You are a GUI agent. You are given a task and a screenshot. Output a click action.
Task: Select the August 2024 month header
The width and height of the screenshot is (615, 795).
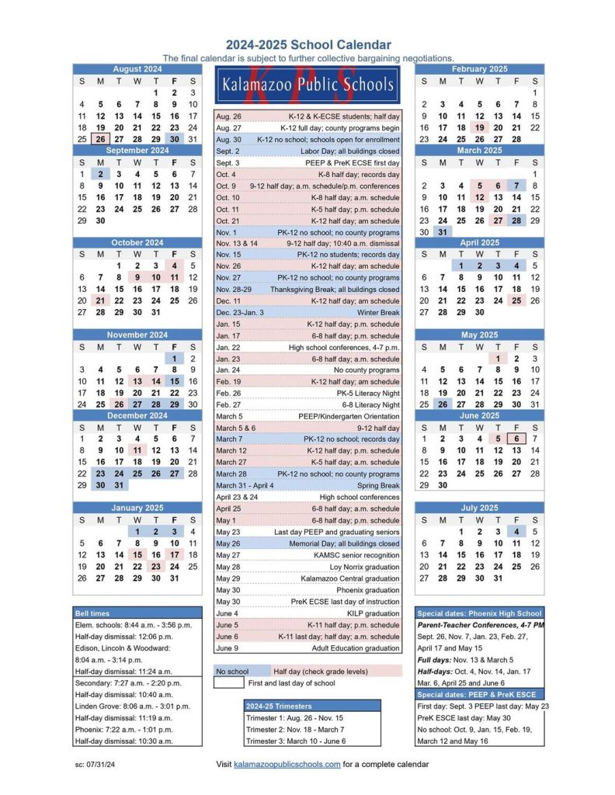coord(137,69)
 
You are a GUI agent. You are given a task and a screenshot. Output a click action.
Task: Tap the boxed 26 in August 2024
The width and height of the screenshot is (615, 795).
coord(100,139)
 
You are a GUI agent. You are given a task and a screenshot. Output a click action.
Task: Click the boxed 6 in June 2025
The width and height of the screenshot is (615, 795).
coord(516,439)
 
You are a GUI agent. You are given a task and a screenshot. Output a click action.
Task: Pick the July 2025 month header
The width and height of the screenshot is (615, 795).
coord(479,508)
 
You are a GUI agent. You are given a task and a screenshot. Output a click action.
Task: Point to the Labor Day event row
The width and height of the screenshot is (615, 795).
coord(307,151)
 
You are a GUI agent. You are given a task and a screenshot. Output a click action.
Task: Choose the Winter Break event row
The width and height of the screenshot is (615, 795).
coord(307,312)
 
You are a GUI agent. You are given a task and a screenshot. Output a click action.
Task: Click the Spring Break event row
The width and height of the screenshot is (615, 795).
coord(307,485)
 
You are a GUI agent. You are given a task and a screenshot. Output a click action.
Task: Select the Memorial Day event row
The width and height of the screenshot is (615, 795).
coord(307,543)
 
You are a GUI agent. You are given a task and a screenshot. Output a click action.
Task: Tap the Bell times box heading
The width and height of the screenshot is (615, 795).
coord(137,613)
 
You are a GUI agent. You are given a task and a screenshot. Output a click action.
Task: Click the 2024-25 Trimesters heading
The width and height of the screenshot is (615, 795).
coord(312,706)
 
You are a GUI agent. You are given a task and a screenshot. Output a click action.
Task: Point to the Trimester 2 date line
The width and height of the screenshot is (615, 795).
coord(312,730)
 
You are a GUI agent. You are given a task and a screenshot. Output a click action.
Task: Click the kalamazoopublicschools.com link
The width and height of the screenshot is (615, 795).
coord(287,765)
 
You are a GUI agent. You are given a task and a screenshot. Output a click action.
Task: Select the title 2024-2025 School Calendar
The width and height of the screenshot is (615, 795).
coord(308,45)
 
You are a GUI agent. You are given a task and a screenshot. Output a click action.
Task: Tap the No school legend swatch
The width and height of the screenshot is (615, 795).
coord(232,671)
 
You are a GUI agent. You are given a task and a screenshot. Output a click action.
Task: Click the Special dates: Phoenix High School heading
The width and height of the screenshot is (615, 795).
coord(479,613)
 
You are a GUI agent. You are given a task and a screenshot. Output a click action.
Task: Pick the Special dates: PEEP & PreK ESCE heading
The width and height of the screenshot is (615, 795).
coord(479,694)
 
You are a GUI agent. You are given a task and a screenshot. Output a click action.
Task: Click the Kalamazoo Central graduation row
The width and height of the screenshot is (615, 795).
coord(307,578)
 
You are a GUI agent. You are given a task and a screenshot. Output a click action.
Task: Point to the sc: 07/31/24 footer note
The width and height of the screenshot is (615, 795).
coord(94,765)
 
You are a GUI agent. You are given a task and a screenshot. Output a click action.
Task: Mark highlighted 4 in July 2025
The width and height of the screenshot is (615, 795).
coord(516,532)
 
